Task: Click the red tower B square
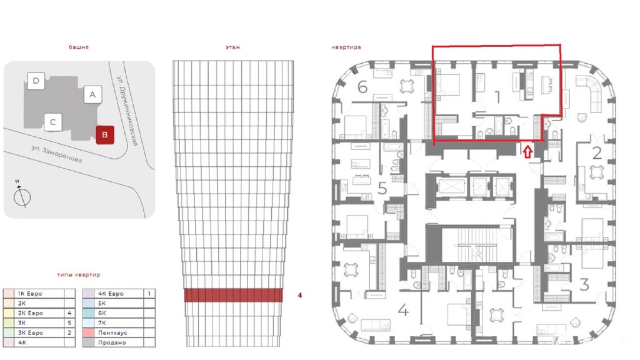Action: pos(105,135)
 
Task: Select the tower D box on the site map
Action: pos(36,81)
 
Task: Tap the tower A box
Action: pos(92,94)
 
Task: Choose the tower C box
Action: pos(52,122)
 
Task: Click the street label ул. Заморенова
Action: pos(56,154)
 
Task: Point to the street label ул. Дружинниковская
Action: pos(127,110)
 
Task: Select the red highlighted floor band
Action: pos(234,295)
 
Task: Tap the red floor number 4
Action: pos(300,295)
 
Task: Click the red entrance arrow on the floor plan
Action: pos(527,152)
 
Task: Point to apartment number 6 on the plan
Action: pos(362,87)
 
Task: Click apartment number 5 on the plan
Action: pos(382,189)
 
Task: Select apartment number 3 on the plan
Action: pos(584,284)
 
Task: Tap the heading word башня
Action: pos(79,47)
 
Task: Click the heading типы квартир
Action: pos(78,275)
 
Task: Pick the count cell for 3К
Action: pos(69,323)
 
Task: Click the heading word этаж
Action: pos(233,47)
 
